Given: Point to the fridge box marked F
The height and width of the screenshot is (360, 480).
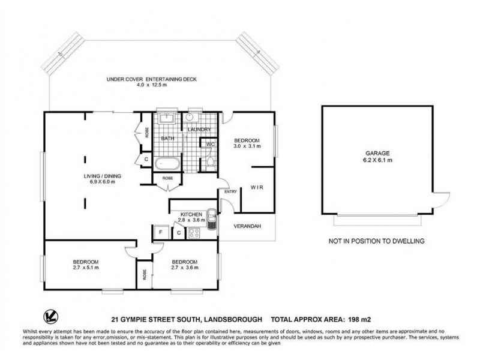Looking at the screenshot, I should point(161,232).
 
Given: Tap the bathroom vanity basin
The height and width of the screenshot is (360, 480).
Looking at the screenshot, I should point(167,118).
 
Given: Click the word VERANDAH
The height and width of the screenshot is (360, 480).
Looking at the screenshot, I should point(247,227).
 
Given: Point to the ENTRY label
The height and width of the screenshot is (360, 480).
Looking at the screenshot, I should point(230,192).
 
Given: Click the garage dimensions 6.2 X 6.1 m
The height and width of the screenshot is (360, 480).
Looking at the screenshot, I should point(377,161).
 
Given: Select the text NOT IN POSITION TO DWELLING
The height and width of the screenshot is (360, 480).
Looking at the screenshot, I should point(376,241).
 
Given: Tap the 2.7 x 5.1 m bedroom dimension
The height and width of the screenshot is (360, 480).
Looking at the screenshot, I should point(86,268).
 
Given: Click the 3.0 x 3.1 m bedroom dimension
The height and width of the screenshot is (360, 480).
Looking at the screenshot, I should point(247,145).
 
